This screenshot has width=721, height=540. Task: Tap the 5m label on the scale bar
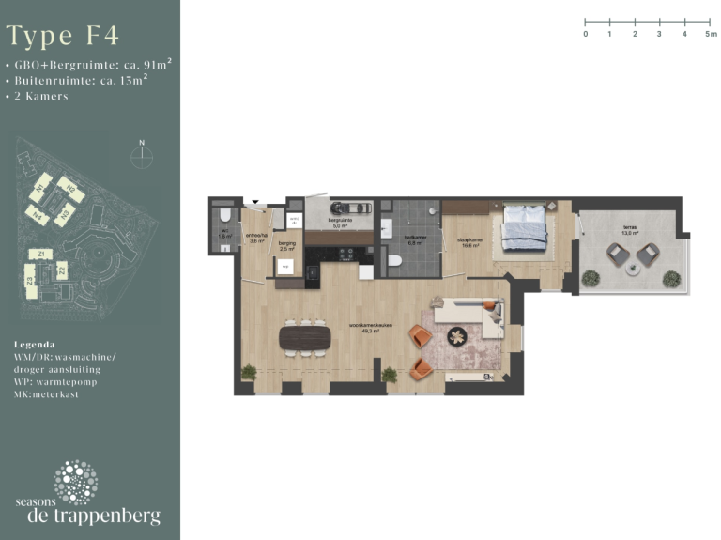click(711, 33)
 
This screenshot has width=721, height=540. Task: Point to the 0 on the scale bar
click(586, 33)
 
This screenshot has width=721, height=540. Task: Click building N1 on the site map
click(40, 191)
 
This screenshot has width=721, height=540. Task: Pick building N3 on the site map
click(65, 215)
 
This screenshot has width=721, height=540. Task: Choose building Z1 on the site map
click(40, 255)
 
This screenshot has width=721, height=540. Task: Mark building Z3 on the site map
click(31, 281)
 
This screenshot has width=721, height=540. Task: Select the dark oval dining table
click(305, 336)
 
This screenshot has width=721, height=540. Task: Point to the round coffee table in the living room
click(457, 335)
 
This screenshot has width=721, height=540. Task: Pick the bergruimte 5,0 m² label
click(339, 224)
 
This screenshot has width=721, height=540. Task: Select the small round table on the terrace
click(633, 268)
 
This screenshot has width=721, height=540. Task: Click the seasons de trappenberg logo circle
click(75, 481)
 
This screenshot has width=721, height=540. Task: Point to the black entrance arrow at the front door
click(254, 202)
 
